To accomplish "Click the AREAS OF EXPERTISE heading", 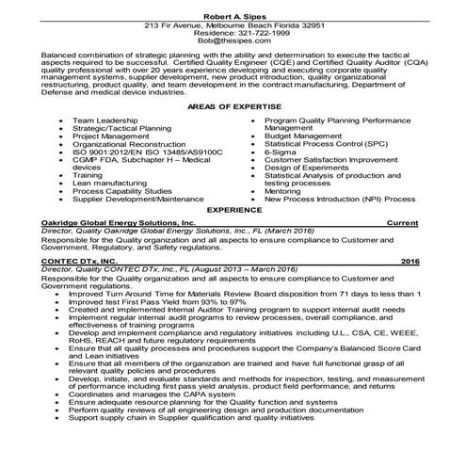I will [232, 109].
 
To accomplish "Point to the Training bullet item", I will [88, 174].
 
